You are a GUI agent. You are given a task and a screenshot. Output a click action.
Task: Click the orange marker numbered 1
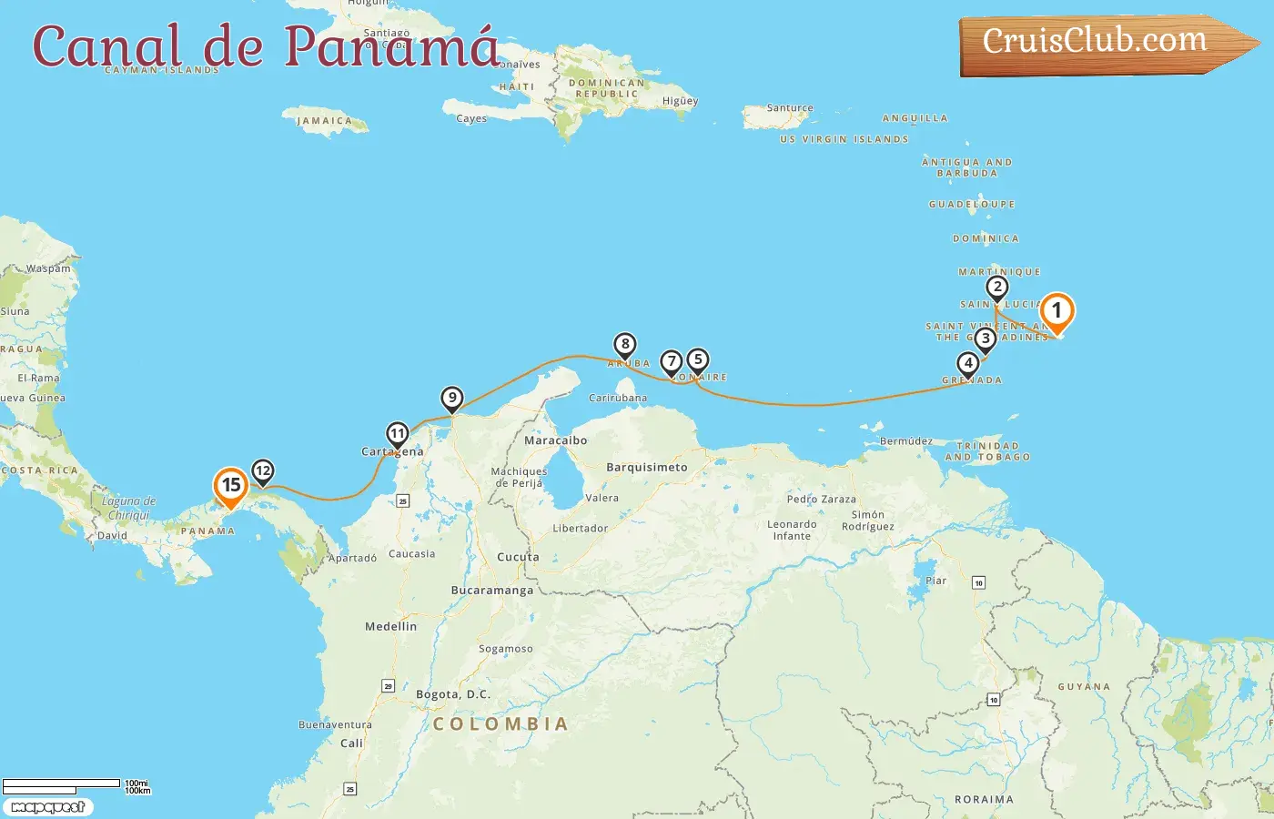[1057, 311]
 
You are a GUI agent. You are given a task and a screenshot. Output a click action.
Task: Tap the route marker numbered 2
[997, 288]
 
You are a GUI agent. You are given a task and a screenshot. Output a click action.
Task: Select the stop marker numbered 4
[968, 363]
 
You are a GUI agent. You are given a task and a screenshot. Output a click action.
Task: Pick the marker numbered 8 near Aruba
[624, 345]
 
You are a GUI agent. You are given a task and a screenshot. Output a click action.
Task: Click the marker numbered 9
[452, 398]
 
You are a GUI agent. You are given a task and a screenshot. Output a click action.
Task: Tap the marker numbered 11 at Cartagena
[397, 434]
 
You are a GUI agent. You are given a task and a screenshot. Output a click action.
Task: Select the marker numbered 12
[262, 470]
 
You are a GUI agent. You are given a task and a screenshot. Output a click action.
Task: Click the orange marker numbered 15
[231, 485]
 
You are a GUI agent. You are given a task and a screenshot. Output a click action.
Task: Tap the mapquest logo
[47, 806]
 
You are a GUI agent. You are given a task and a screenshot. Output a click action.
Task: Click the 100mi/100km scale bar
[62, 784]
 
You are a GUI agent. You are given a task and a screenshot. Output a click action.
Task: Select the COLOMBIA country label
[500, 724]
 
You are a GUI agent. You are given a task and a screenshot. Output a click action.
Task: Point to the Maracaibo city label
[555, 440]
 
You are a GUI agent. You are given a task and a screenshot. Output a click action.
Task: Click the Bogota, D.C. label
[453, 694]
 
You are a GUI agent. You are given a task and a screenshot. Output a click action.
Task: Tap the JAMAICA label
[324, 120]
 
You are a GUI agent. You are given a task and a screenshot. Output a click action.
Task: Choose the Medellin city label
[390, 626]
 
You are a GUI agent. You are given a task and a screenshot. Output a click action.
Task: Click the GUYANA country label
[1084, 687]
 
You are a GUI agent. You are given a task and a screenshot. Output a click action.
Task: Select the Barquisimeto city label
[647, 467]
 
